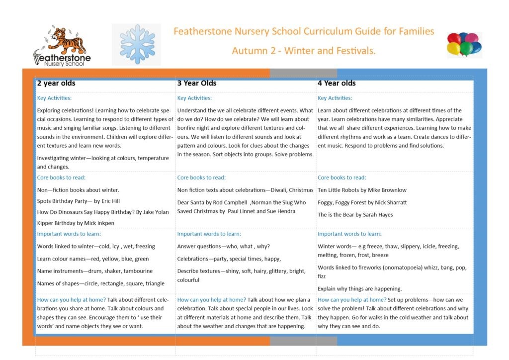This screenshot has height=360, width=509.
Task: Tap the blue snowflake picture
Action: pyautogui.click(x=137, y=44)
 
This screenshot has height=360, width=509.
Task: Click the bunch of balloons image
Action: pyautogui.click(x=464, y=45)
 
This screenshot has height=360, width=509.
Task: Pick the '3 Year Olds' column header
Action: pyautogui.click(x=197, y=83)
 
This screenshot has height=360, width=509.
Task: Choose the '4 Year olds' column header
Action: pyautogui.click(x=337, y=83)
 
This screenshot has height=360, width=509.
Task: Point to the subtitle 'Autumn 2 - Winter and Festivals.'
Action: pyautogui.click(x=303, y=51)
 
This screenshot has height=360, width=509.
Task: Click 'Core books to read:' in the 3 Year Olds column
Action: pyautogui.click(x=201, y=178)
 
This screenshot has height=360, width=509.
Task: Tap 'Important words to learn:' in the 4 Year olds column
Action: pyautogui.click(x=349, y=234)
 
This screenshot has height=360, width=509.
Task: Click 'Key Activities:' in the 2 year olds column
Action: pyautogui.click(x=54, y=98)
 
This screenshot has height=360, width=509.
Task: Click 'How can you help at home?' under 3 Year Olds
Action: pyautogui.click(x=211, y=300)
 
